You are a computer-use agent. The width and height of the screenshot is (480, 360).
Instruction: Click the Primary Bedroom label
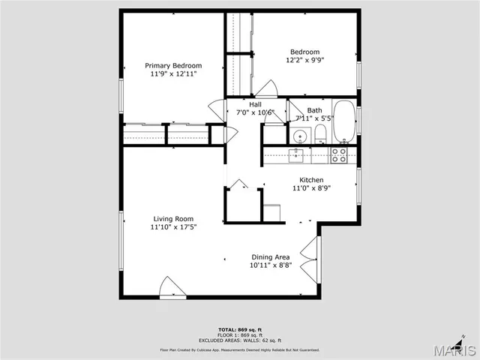(x=173, y=66)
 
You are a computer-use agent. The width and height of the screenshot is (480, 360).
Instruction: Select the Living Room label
(x=173, y=219)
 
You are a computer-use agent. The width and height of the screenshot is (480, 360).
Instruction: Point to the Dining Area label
(x=271, y=257)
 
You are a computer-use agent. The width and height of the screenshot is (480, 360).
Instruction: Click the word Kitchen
(x=311, y=180)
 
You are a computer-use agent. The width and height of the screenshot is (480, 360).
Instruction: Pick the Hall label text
(x=255, y=104)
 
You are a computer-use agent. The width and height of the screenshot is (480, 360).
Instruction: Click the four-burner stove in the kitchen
(x=339, y=154)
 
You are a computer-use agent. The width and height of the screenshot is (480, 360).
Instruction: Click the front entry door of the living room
(x=172, y=288)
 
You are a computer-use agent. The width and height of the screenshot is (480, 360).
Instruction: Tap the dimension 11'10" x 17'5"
(x=173, y=227)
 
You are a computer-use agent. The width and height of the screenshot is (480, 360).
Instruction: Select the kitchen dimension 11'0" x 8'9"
(x=311, y=188)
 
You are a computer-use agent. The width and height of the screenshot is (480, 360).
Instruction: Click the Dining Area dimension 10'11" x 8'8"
(x=271, y=265)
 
